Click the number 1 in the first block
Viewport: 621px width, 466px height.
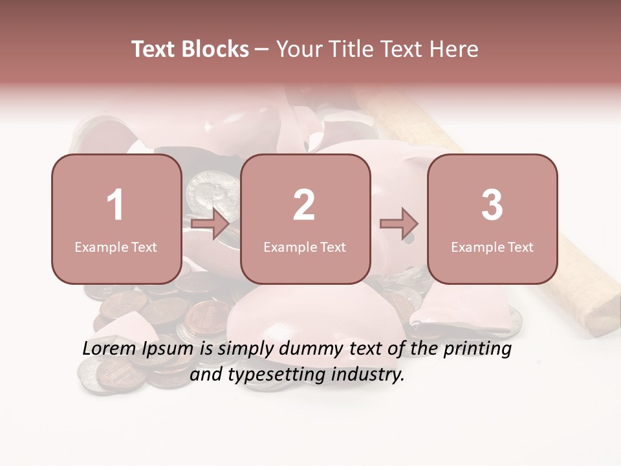(x=116, y=205)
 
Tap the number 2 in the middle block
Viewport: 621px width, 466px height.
(x=304, y=205)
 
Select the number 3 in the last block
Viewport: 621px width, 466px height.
(x=492, y=205)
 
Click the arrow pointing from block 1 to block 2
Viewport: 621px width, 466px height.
(x=210, y=224)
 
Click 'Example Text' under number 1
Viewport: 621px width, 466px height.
(x=116, y=247)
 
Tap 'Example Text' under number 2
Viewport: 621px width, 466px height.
(x=305, y=247)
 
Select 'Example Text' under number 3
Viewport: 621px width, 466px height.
(x=492, y=247)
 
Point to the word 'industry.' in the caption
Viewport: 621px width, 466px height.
(x=368, y=374)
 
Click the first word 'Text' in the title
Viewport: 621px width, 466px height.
(x=153, y=49)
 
